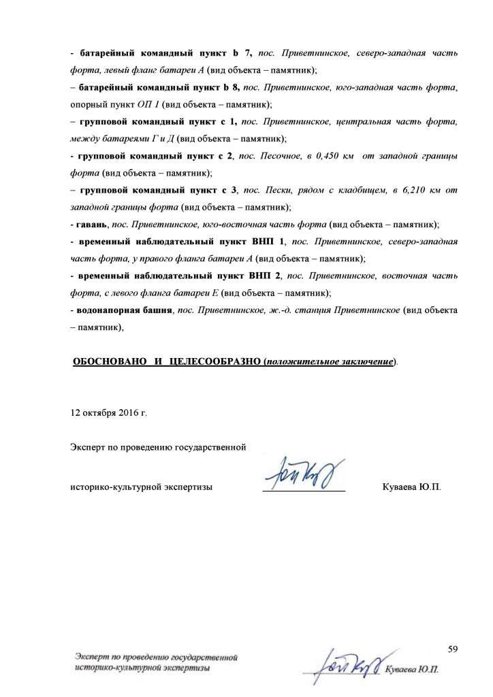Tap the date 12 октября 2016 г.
(109, 412)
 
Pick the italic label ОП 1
(147, 104)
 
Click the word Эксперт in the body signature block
(89, 448)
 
